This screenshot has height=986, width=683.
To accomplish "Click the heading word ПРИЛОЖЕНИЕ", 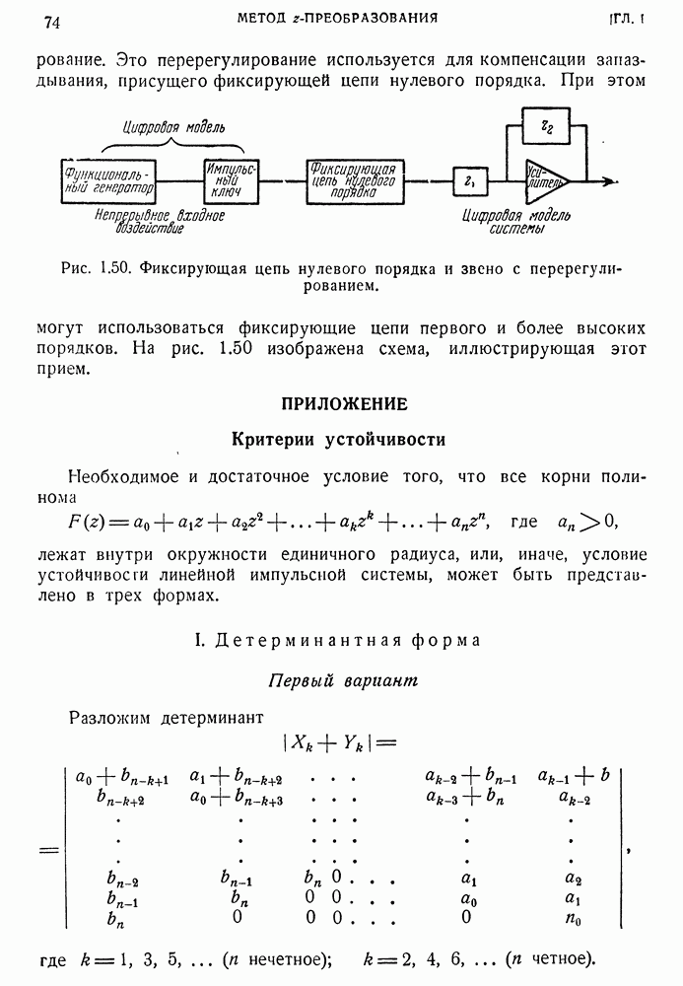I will [x=344, y=404].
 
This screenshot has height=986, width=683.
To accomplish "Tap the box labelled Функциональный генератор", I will [x=109, y=179].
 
